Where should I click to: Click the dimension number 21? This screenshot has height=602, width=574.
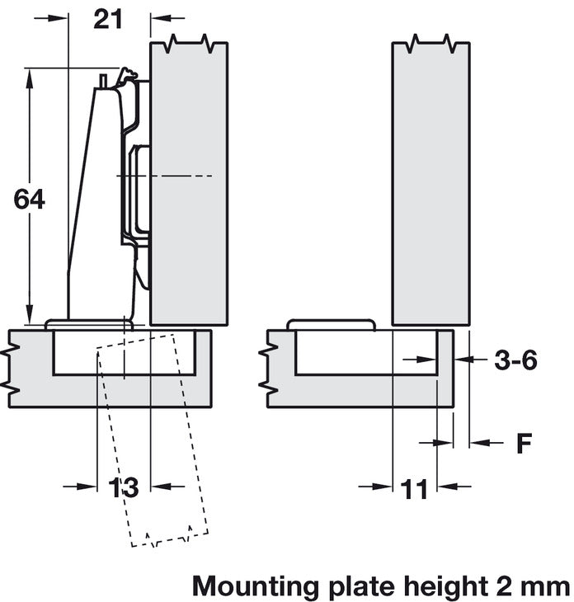pyautogui.click(x=108, y=18)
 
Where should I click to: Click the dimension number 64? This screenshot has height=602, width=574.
pyautogui.click(x=30, y=199)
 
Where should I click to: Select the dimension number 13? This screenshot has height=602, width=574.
pyautogui.click(x=125, y=487)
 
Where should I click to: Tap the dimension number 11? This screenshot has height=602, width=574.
pyautogui.click(x=415, y=488)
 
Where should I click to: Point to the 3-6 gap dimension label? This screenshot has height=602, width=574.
pyautogui.click(x=515, y=360)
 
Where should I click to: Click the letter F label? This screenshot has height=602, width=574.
pyautogui.click(x=524, y=444)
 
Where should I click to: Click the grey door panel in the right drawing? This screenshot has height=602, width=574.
pyautogui.click(x=430, y=181)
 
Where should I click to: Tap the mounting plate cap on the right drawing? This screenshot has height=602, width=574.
pyautogui.click(x=330, y=324)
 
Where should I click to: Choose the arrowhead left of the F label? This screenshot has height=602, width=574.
pyautogui.click(x=478, y=443)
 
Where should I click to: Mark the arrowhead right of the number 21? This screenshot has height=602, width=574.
pyautogui.click(x=159, y=18)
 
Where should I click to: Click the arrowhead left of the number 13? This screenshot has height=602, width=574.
pyautogui.click(x=90, y=487)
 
